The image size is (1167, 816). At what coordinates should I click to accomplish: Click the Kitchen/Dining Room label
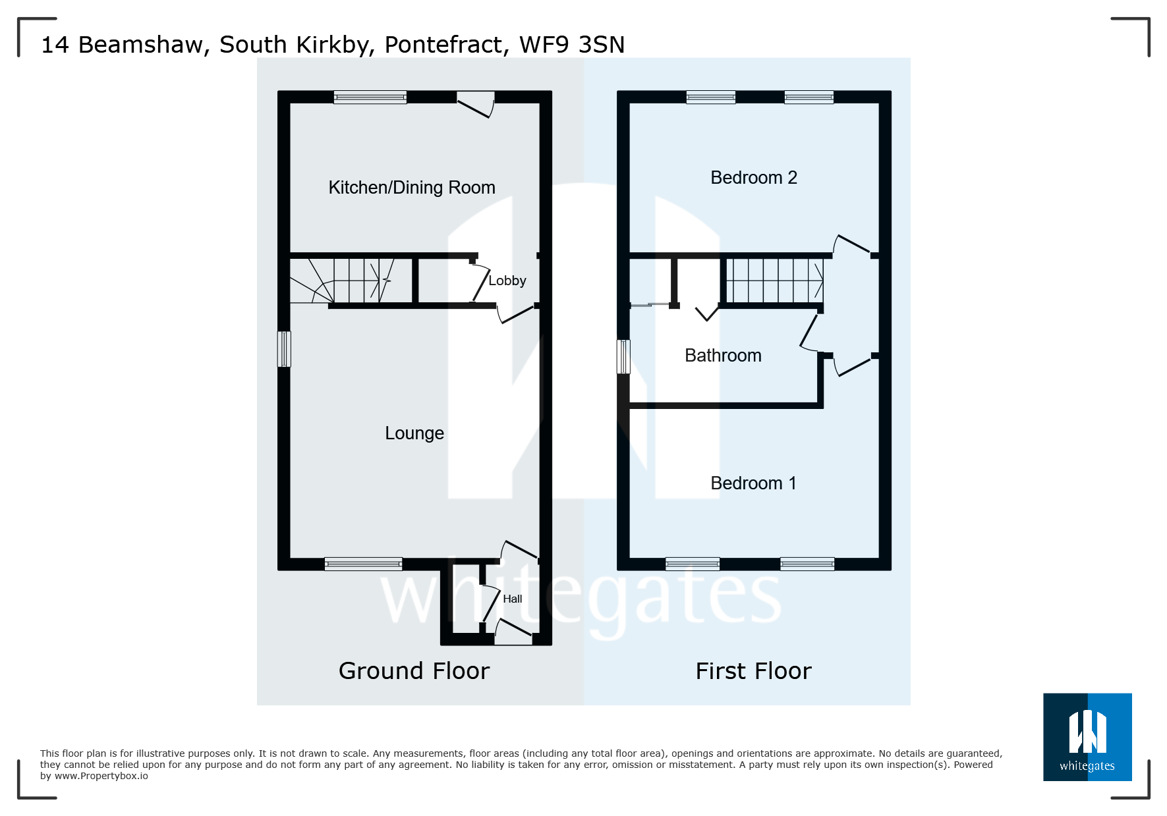click(x=412, y=188)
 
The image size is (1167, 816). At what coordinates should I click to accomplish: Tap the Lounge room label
click(x=414, y=433)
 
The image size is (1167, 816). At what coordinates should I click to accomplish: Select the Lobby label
click(x=507, y=281)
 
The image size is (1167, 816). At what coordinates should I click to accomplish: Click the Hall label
click(x=512, y=599)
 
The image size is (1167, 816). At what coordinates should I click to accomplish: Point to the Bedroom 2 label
click(x=753, y=178)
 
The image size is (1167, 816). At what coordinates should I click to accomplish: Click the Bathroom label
click(x=723, y=356)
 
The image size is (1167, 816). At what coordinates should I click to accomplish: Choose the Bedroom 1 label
click(x=753, y=483)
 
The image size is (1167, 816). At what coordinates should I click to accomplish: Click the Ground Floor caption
click(x=414, y=671)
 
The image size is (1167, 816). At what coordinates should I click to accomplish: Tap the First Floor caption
click(x=753, y=671)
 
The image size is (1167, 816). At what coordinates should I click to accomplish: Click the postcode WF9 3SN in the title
click(x=571, y=45)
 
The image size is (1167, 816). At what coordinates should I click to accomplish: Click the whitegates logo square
click(x=1087, y=736)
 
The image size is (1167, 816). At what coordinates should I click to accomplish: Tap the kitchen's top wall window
click(x=370, y=97)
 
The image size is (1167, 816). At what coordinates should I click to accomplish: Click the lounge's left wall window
click(x=284, y=348)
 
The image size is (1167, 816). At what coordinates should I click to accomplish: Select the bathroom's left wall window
click(x=623, y=356)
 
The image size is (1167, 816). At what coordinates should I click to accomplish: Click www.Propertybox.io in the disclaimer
click(x=101, y=776)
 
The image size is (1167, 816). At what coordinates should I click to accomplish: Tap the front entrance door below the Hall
click(x=513, y=633)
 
